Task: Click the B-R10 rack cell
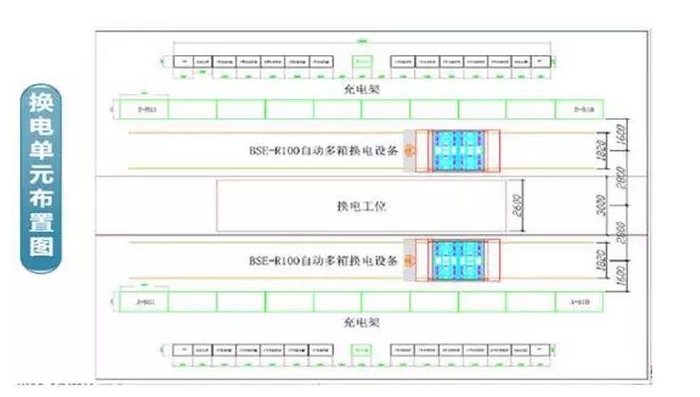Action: [578, 109]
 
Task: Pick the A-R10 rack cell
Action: [578, 301]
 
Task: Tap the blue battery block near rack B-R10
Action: [458, 150]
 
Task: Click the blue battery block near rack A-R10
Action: [458, 262]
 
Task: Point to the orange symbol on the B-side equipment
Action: [410, 150]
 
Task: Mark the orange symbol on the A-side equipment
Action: [410, 262]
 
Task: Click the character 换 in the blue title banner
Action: [39, 103]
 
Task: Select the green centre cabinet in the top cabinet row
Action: [362, 62]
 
